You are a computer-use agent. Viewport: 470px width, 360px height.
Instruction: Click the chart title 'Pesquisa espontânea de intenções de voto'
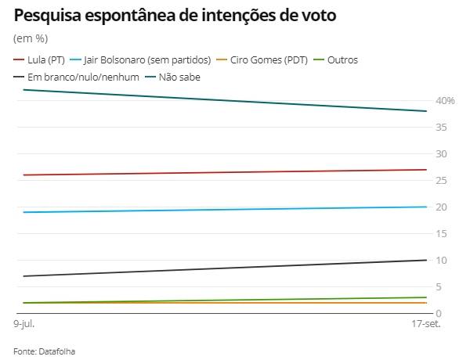[x=175, y=15]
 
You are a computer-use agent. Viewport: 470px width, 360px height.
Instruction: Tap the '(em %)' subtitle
[x=31, y=38]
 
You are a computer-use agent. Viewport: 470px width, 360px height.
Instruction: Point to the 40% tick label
[x=446, y=100]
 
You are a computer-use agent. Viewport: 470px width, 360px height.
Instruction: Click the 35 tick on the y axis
[x=443, y=127]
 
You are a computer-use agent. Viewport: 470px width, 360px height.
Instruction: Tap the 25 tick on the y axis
[x=443, y=180]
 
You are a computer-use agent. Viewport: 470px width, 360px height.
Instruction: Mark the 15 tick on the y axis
[x=443, y=233]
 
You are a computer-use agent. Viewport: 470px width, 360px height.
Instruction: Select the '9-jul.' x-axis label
[x=24, y=322]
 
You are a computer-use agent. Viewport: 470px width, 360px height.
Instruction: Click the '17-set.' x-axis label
[x=423, y=322]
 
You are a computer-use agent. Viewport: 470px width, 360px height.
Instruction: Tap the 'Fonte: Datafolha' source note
[x=44, y=351]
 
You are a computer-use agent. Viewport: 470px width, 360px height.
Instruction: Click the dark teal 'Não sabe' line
[x=227, y=100]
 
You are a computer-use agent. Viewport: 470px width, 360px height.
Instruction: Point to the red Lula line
[x=227, y=172]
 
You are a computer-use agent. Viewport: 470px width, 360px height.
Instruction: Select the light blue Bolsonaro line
[x=227, y=209]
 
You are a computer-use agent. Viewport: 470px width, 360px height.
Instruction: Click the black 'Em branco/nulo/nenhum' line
[x=227, y=268]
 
